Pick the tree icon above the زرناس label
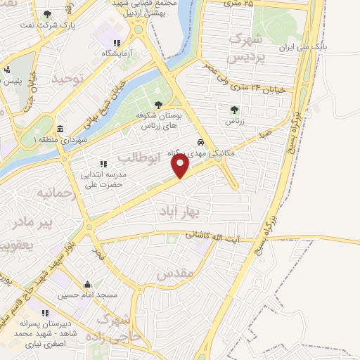(x=234, y=109)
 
